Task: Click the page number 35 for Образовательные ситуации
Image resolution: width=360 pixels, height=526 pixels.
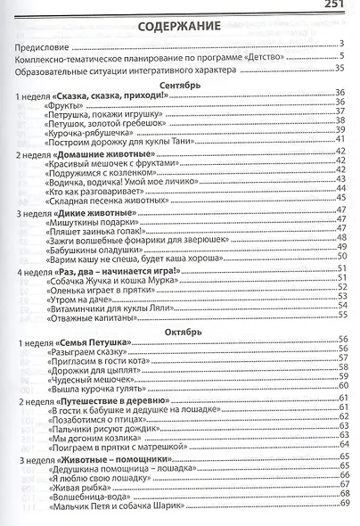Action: (x=340, y=68)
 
